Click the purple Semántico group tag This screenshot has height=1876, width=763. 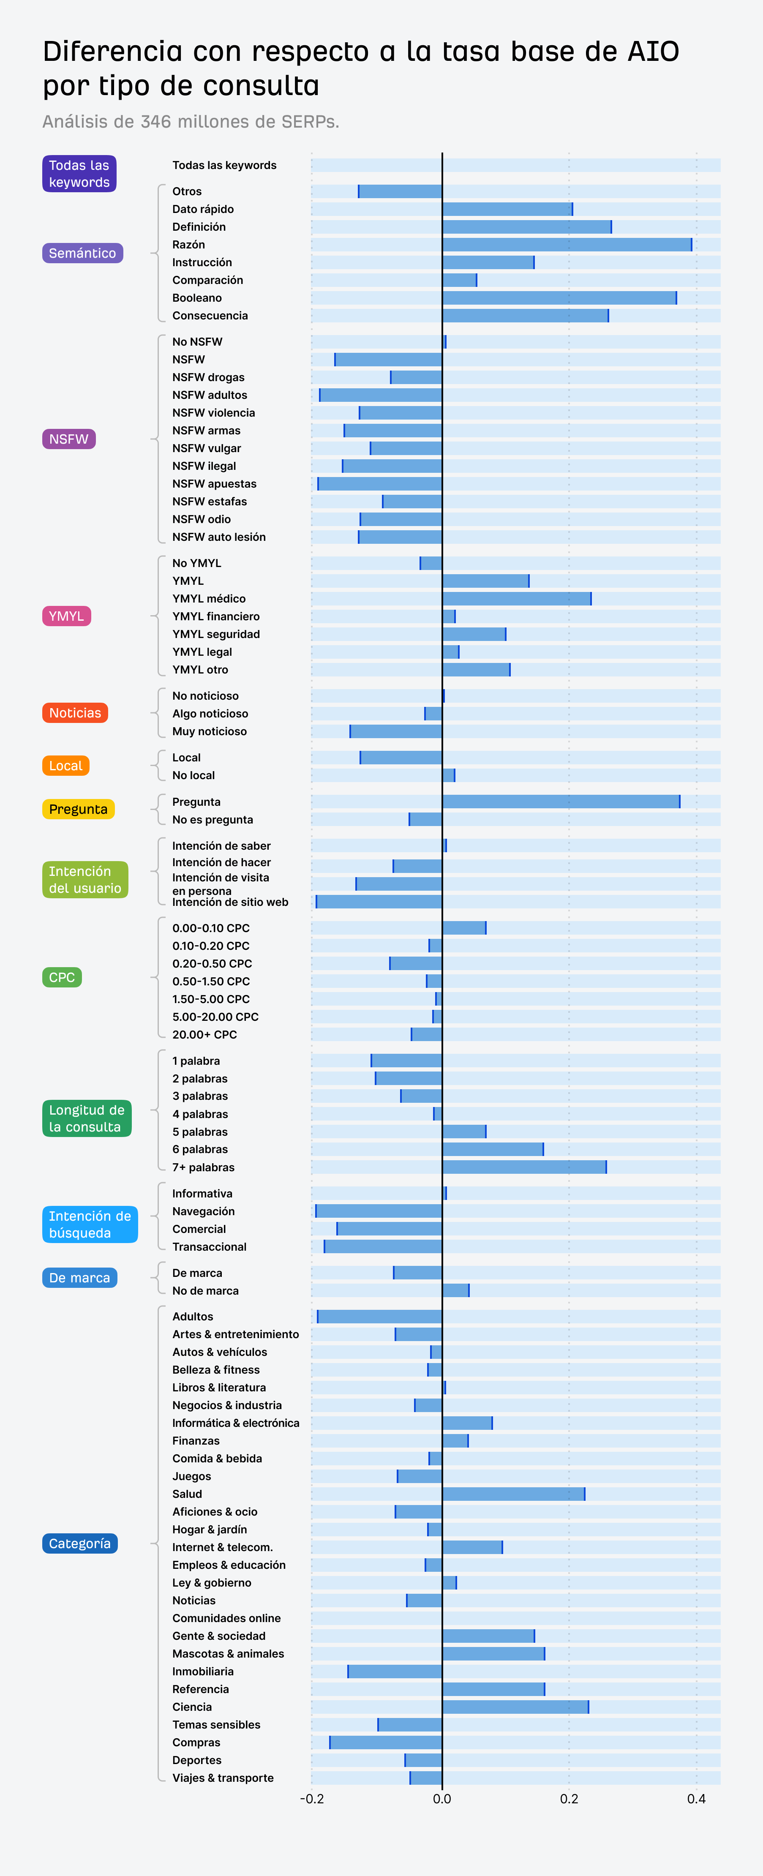point(82,253)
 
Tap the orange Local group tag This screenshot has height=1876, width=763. point(65,766)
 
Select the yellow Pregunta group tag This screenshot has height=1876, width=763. point(78,809)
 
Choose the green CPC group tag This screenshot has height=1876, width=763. point(62,977)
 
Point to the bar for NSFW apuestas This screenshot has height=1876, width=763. point(380,483)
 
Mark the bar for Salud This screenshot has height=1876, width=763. point(513,1494)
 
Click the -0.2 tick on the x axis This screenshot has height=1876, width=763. point(312,1799)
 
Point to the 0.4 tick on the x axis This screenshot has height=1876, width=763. point(696,1799)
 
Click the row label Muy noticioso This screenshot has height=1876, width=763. point(209,731)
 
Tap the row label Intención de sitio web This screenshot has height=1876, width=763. point(230,902)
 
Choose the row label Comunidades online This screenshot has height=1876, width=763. point(226,1618)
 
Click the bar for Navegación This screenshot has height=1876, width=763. point(379,1211)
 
